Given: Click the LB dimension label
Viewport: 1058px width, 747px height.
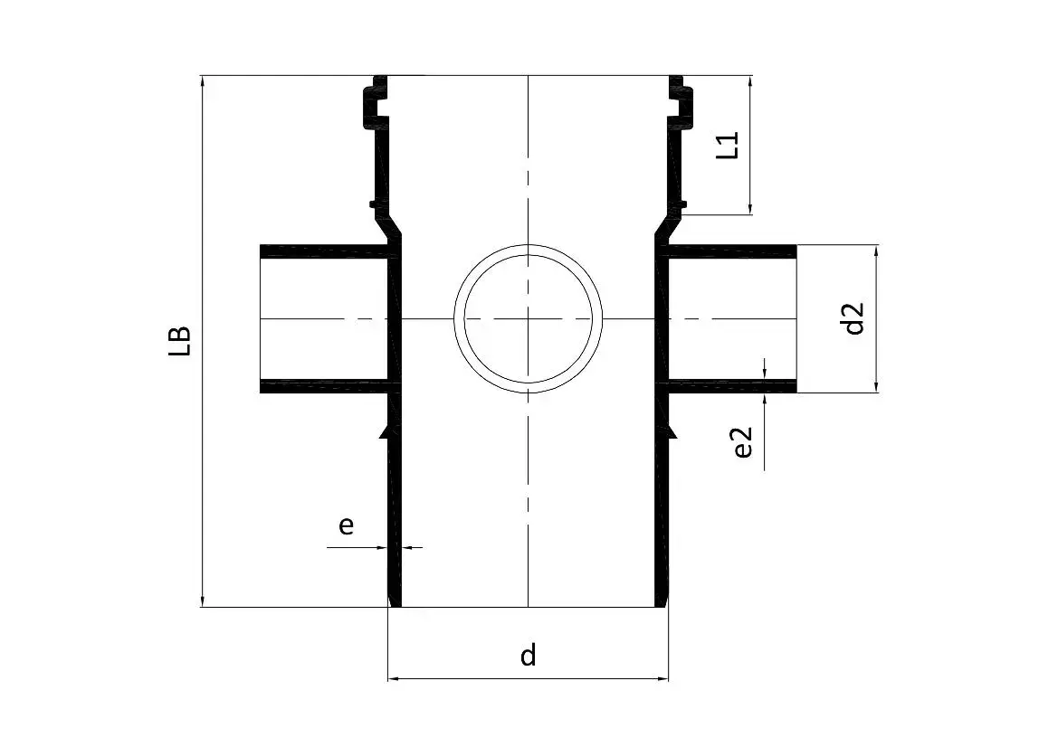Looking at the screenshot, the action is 181,341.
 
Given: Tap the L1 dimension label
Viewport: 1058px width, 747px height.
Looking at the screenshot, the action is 728,146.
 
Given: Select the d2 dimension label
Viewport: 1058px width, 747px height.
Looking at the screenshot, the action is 853,318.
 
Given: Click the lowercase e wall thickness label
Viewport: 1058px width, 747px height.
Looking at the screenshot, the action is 346,525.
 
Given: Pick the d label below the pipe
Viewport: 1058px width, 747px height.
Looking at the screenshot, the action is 529,655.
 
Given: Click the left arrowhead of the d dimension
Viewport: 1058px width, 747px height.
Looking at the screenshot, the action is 393,678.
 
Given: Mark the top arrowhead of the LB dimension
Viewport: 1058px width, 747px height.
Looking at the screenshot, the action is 202,80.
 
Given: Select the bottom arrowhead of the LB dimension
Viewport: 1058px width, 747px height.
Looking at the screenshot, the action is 202,601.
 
